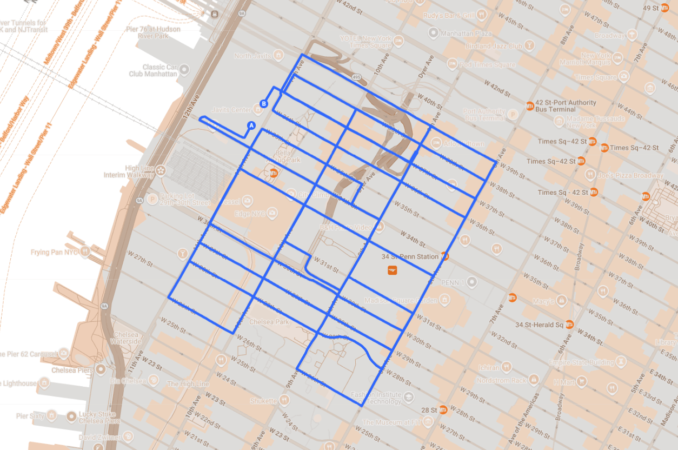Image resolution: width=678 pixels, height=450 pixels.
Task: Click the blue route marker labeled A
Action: click(251, 125)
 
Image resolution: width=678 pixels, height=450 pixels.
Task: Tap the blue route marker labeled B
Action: click(264, 103)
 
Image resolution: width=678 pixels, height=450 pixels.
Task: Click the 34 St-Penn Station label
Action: click(410, 256)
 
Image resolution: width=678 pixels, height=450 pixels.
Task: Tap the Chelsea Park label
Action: click(269, 322)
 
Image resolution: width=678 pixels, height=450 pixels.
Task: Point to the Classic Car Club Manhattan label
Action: click(153, 70)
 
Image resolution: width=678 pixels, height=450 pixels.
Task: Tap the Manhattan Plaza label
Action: click(466, 34)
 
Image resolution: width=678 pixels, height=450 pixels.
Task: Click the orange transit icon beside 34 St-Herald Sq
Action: click(569, 325)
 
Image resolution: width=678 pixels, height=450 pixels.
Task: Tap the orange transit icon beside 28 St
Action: click(443, 410)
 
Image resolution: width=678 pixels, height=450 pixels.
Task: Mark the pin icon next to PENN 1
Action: click(473, 282)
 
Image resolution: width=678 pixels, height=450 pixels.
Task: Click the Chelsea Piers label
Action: click(72, 370)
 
